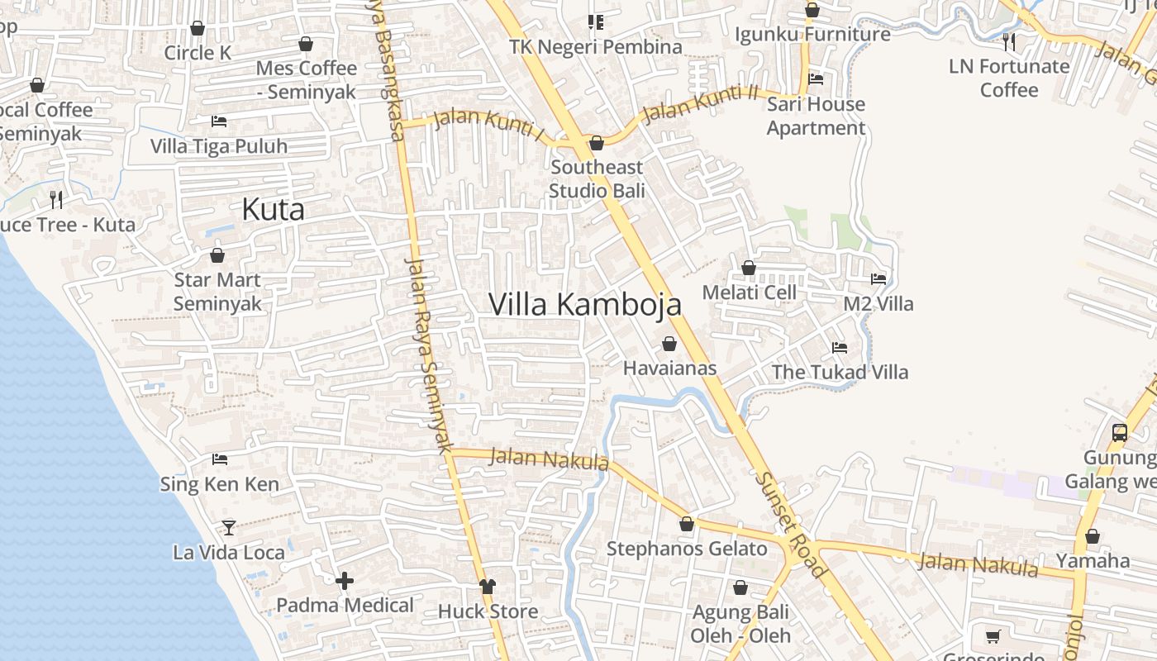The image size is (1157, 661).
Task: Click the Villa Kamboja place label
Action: (x=585, y=304)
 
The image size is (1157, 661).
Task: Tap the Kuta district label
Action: (x=273, y=210)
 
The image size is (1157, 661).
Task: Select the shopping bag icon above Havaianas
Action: (x=669, y=344)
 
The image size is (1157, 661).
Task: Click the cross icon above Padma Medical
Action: (x=345, y=581)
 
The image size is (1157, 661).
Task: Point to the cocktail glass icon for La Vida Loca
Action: (x=229, y=527)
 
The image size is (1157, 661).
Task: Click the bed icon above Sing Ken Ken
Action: (x=220, y=459)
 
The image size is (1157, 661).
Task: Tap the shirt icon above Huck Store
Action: (x=488, y=586)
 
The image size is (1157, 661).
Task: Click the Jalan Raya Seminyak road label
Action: (x=430, y=355)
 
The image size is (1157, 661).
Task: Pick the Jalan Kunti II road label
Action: (x=701, y=103)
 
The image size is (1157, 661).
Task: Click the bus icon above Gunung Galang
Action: (x=1120, y=432)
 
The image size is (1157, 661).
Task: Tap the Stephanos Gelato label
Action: (x=687, y=549)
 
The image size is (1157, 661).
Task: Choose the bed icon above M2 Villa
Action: (x=878, y=279)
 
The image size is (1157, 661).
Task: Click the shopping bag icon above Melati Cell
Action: (x=749, y=268)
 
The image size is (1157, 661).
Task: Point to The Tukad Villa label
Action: (x=840, y=372)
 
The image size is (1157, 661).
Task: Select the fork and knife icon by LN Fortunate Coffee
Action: (x=1008, y=40)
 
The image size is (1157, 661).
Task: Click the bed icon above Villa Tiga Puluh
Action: (x=219, y=121)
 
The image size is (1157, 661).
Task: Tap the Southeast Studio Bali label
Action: (x=597, y=178)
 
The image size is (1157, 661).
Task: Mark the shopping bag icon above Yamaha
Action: (x=1093, y=536)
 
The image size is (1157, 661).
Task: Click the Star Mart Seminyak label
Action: (x=217, y=292)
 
